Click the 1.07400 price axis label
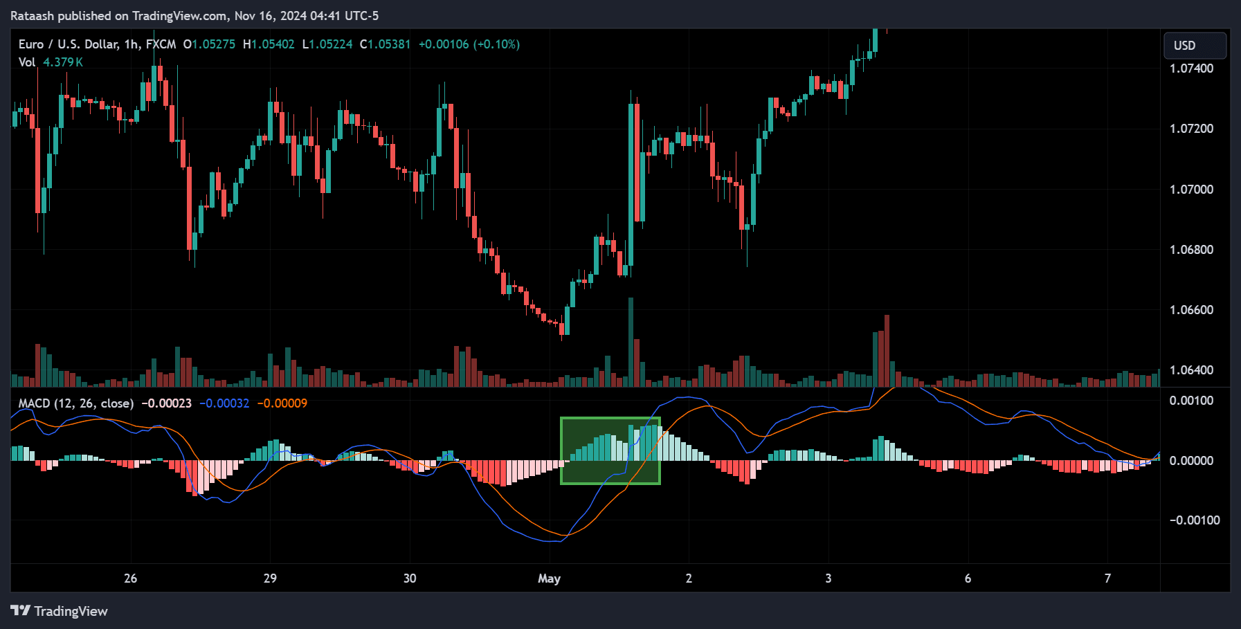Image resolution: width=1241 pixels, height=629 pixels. (x=1191, y=69)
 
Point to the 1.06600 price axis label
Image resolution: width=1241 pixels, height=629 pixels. (x=1191, y=310)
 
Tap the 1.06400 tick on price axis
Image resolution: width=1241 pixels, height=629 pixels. (x=1191, y=370)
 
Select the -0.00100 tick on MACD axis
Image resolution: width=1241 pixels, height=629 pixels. (x=1194, y=520)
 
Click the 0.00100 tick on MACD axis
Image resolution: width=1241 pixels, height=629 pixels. (x=1191, y=401)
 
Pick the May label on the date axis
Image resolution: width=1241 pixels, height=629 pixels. (x=549, y=578)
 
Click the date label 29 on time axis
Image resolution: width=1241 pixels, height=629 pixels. (x=270, y=578)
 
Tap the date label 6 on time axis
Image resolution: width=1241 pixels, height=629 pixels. (x=968, y=578)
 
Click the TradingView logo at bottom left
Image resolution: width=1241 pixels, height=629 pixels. (x=59, y=611)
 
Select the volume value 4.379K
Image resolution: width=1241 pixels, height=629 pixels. (x=63, y=62)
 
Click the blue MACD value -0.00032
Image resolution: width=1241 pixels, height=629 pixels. (x=224, y=403)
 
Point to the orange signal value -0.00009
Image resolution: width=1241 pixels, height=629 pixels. (x=282, y=403)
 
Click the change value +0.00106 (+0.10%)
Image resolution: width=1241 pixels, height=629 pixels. (x=469, y=44)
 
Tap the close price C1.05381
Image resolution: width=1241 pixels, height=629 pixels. (x=385, y=44)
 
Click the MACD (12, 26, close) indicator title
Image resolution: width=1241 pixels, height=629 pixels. (x=75, y=403)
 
